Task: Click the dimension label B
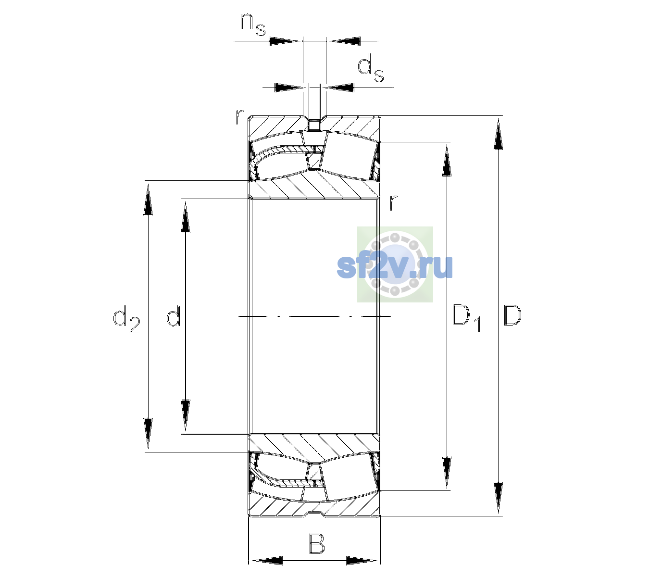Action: [x=316, y=544]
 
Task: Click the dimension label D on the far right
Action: [x=512, y=315]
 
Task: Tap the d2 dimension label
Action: [x=126, y=319]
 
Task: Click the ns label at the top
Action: [x=253, y=25]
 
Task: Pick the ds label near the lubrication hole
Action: [x=370, y=68]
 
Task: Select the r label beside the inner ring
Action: [x=393, y=202]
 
